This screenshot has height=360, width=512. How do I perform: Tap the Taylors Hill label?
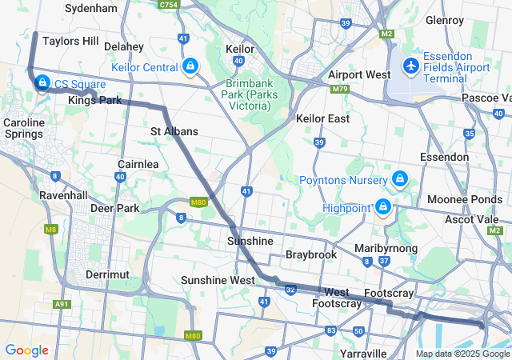pyautogui.click(x=70, y=40)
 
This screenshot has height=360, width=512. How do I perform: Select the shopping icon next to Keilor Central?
pyautogui.click(x=190, y=66)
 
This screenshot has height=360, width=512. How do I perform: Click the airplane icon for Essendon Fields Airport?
pyautogui.click(x=411, y=65)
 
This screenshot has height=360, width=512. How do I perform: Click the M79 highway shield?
pyautogui.click(x=340, y=88)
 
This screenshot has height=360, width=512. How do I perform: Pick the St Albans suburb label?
pyautogui.click(x=174, y=130)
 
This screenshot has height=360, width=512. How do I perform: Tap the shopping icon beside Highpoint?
pyautogui.click(x=383, y=207)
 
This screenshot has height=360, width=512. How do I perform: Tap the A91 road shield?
pyautogui.click(x=62, y=304)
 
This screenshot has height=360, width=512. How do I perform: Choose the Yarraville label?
pyautogui.click(x=364, y=353)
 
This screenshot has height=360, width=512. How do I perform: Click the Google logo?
pyautogui.click(x=26, y=350)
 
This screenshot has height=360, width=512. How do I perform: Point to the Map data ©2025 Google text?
pyautogui.click(x=462, y=354)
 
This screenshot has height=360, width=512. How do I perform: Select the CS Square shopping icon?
pyautogui.click(x=42, y=82)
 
